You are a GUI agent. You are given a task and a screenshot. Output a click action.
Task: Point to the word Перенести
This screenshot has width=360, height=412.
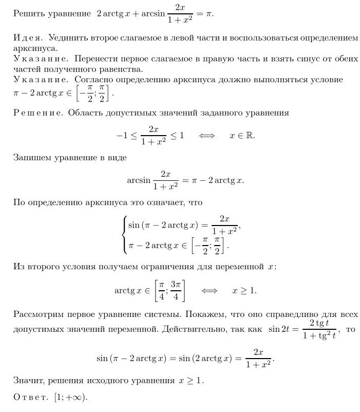(x=93, y=60)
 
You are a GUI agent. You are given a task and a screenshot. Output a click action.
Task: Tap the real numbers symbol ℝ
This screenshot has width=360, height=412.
(x=250, y=136)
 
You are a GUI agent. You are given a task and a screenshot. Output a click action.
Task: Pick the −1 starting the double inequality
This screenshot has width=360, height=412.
(x=121, y=136)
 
